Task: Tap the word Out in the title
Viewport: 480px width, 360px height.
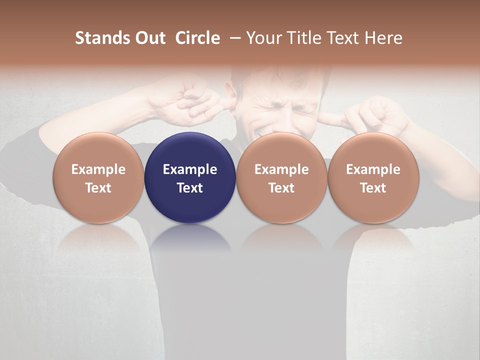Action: tap(149, 38)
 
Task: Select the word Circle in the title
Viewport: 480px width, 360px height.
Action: tap(197, 38)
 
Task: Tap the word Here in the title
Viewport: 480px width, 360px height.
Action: tap(383, 38)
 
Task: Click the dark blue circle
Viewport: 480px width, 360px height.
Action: tap(190, 150)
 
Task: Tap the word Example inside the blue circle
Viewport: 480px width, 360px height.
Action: tap(190, 169)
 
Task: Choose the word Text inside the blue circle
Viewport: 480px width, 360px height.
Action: tap(190, 188)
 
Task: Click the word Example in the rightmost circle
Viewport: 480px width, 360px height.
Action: tap(373, 169)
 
